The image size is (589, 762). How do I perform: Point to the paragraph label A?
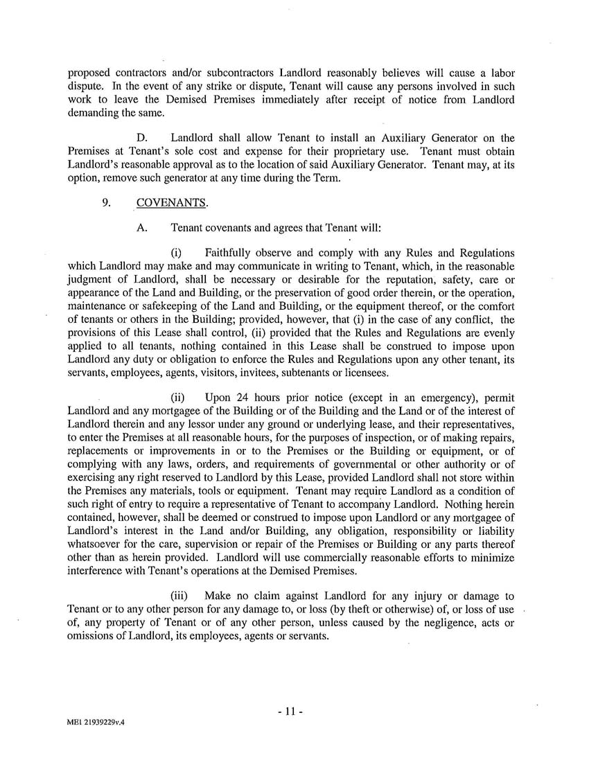pos(142,227)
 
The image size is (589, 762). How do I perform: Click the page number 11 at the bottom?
pos(294,711)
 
